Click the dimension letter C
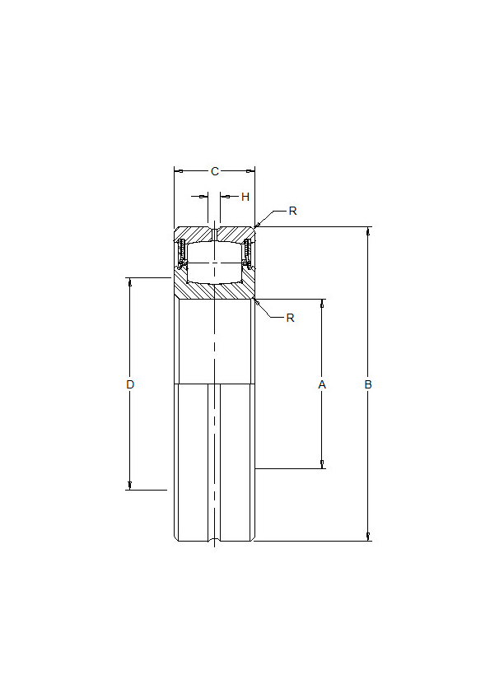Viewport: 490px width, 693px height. point(215,171)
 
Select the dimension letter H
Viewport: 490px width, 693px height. point(245,197)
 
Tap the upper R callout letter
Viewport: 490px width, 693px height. point(292,212)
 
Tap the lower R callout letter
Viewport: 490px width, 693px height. point(290,318)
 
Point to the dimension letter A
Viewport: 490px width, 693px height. point(322,384)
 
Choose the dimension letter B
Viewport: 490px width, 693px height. point(368,384)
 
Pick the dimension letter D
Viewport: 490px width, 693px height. point(130,384)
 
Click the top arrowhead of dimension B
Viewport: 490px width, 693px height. point(368,230)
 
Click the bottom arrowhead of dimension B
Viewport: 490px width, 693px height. point(368,537)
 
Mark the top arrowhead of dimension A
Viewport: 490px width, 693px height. point(322,303)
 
